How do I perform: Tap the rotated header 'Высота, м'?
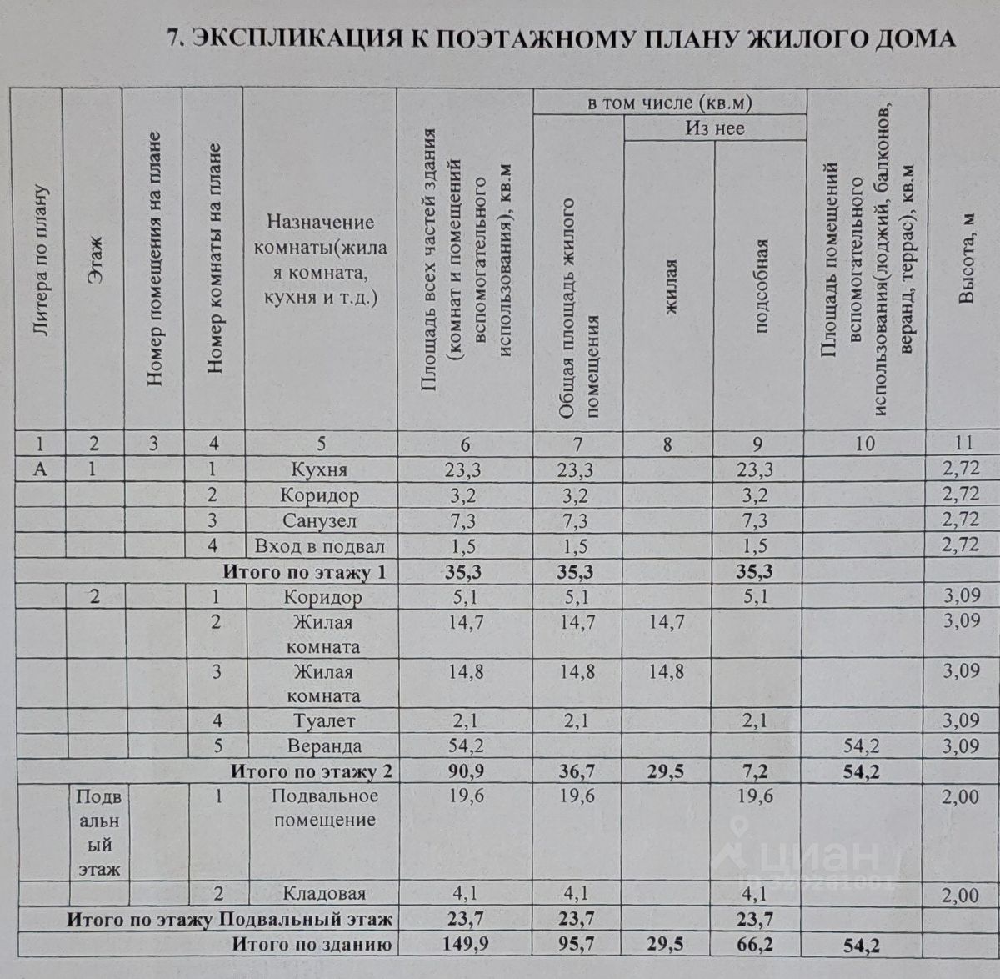(966, 259)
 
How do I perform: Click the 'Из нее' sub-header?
(715, 128)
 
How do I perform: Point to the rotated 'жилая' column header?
(670, 286)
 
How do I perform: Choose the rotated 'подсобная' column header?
(760, 286)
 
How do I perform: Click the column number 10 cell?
(865, 444)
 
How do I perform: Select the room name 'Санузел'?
(320, 521)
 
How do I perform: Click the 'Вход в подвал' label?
(320, 546)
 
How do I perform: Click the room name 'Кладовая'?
(324, 894)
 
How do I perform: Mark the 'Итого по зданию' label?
(312, 945)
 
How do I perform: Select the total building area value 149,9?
(465, 945)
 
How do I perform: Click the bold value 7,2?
(755, 771)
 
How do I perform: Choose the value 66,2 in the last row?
(755, 945)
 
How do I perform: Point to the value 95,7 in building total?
(577, 945)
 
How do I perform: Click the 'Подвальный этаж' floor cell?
(99, 832)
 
